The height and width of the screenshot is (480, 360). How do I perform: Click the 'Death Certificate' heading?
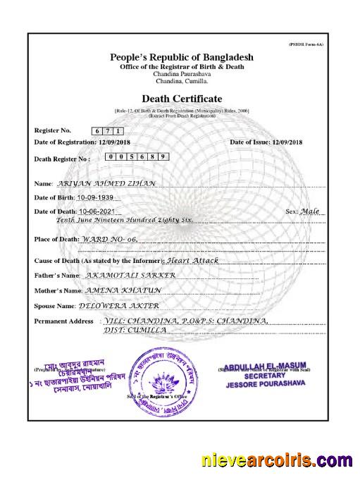click(182, 99)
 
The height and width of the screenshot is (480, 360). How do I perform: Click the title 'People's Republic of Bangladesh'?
click(182, 56)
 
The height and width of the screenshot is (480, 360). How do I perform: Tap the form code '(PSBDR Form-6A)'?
click(308, 44)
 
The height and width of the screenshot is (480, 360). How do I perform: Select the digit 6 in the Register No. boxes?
click(96, 131)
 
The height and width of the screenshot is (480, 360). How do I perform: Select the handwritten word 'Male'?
click(309, 211)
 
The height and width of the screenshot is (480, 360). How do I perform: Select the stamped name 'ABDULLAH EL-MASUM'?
click(265, 366)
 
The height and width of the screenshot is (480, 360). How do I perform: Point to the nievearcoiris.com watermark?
click(276, 460)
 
